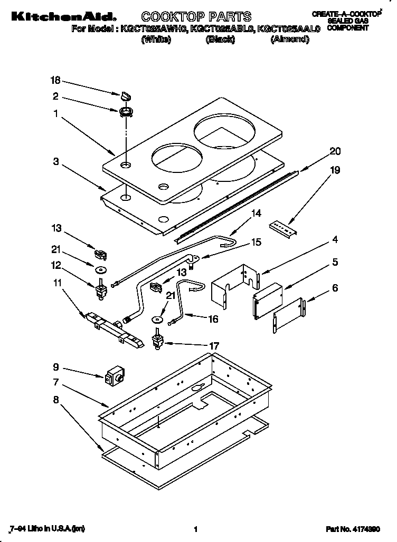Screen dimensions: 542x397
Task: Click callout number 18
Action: (x=55, y=80)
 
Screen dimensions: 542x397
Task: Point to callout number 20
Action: (x=335, y=151)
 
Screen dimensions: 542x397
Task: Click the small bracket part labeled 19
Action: (x=282, y=226)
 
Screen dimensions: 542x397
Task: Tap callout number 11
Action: (x=56, y=283)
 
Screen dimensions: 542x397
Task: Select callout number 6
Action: (x=334, y=288)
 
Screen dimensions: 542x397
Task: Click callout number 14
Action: (x=256, y=214)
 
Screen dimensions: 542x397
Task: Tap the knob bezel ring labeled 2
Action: (x=126, y=111)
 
